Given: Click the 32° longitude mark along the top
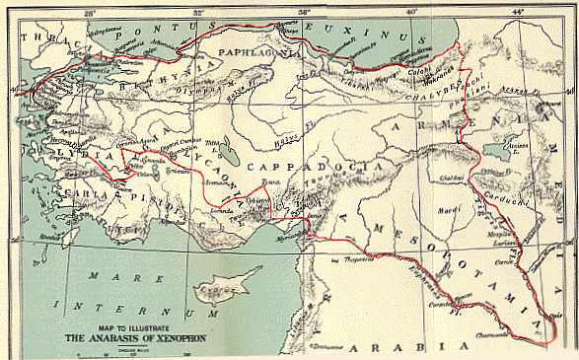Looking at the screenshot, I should [199, 11].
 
